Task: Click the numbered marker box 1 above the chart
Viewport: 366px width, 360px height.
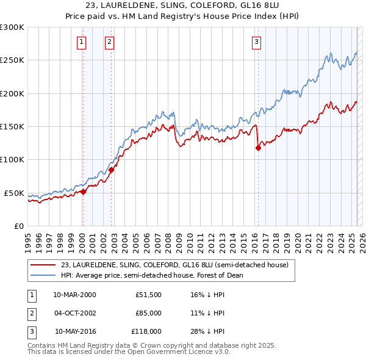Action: coord(82,42)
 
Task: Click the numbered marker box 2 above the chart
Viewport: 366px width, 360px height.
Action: coord(109,42)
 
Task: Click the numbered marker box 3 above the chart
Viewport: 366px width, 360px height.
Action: coord(256,42)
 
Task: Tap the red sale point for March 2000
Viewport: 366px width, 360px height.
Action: coord(84,192)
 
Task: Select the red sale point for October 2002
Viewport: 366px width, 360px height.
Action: coord(112,170)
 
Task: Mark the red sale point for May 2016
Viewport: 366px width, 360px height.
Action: coord(258,148)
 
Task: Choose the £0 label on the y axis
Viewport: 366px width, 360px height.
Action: coord(19,226)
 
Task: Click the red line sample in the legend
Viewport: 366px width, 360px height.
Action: coord(43,265)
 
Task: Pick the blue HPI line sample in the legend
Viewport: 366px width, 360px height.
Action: coord(43,275)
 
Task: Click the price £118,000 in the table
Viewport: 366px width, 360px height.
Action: coord(146,332)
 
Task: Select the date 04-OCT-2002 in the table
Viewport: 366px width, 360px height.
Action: coord(74,313)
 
